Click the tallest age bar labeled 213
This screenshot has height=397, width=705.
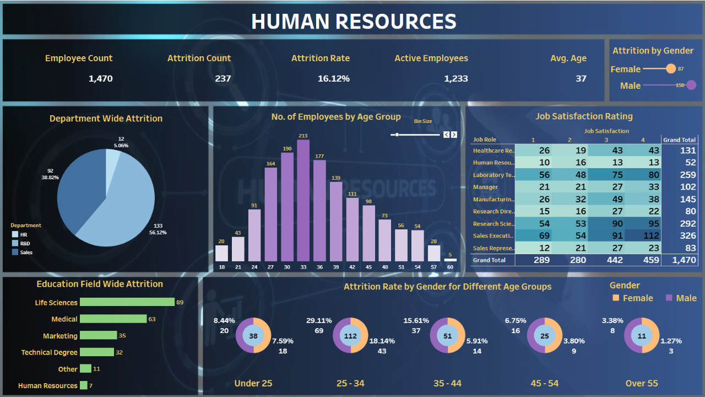pyautogui.click(x=303, y=200)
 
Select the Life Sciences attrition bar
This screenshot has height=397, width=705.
pyautogui.click(x=127, y=302)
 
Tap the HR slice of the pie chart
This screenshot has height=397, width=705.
pyautogui.click(x=112, y=160)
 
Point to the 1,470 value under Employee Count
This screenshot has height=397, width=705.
pyautogui.click(x=101, y=78)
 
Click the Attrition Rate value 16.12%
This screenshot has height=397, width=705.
pyautogui.click(x=333, y=78)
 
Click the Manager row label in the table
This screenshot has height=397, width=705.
pyautogui.click(x=485, y=187)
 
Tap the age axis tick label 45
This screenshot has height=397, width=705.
pyautogui.click(x=369, y=267)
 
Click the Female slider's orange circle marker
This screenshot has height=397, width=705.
pyautogui.click(x=670, y=68)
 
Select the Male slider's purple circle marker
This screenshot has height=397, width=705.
pyautogui.click(x=691, y=85)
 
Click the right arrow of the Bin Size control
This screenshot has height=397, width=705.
pyautogui.click(x=454, y=135)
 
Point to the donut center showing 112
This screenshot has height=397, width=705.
pyautogui.click(x=350, y=336)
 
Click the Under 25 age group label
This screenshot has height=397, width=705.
pyautogui.click(x=253, y=383)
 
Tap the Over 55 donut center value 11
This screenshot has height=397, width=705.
pyautogui.click(x=642, y=336)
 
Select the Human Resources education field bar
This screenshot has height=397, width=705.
pyautogui.click(x=84, y=385)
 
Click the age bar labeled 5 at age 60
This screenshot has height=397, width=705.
pyautogui.click(x=451, y=260)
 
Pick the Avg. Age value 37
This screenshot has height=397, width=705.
pyautogui.click(x=581, y=78)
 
